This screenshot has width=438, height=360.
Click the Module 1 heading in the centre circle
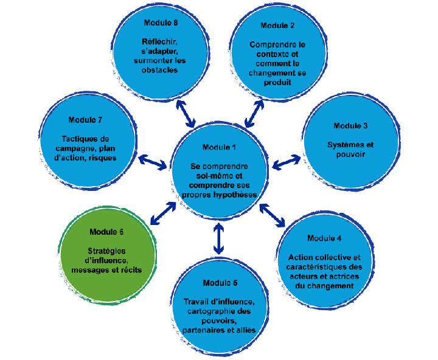click(x=219, y=148)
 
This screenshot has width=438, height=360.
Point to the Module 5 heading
click(x=220, y=283)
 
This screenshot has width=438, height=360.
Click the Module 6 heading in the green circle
click(x=106, y=232)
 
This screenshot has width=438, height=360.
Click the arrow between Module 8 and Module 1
click(x=185, y=113)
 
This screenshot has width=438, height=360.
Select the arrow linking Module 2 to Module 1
click(x=254, y=112)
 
